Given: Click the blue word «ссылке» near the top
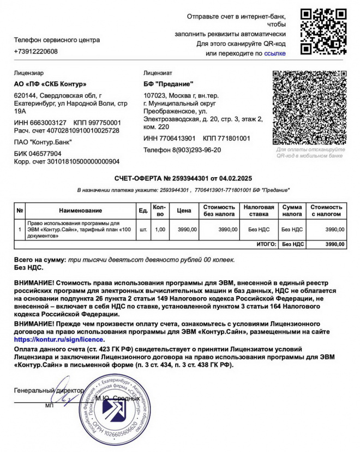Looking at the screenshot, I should click(x=275, y=53).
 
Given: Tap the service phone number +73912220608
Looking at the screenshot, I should click(x=36, y=52).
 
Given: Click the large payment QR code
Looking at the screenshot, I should click(x=310, y=107).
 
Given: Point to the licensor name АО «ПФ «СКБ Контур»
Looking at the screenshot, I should click(x=50, y=84).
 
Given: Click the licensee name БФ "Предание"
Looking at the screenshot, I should click(x=169, y=84).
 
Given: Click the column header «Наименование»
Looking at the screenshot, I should click(x=81, y=210).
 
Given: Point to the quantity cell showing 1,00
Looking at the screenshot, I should click(x=160, y=230).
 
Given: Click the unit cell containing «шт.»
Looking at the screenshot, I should click(x=143, y=230).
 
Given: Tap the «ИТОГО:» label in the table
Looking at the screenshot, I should click(x=266, y=244).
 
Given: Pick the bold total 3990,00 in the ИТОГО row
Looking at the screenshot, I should click(x=334, y=244).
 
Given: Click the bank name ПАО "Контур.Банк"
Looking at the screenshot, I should click(x=43, y=142).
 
